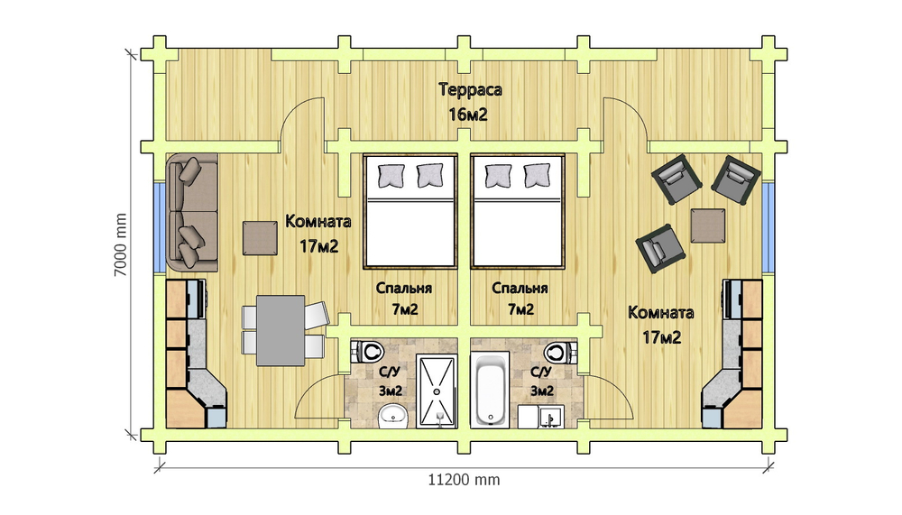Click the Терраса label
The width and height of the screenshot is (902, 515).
[x=470, y=90]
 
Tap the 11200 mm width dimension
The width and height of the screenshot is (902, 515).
[x=463, y=480]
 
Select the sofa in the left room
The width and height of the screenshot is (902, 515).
[x=192, y=213]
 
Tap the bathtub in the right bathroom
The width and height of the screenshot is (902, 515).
[x=492, y=391]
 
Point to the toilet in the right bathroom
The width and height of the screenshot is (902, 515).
[x=558, y=350]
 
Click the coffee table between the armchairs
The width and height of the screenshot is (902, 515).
[x=708, y=225]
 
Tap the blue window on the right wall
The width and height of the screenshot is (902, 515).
[x=768, y=225]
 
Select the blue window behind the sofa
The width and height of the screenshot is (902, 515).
[x=159, y=225]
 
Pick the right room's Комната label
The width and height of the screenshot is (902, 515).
[x=661, y=313]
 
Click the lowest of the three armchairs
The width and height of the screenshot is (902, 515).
[x=658, y=247]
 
